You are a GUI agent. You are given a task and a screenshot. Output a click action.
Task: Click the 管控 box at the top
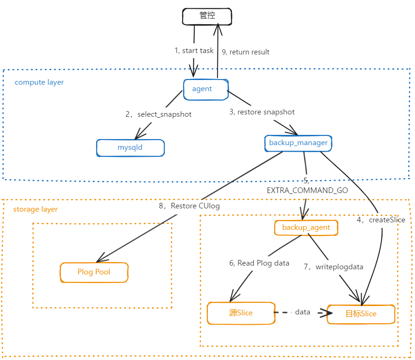pos(206,17)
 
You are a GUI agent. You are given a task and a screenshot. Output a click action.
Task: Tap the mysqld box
pos(130,147)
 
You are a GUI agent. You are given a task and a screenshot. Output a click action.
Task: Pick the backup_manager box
pos(298,143)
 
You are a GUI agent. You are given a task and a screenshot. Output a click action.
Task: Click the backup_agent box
pos(306,227)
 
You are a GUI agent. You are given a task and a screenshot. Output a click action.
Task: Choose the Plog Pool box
pos(94,272)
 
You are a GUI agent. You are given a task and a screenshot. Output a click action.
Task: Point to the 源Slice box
pos(241,313)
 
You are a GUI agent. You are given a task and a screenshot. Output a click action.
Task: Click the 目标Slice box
pos(361,314)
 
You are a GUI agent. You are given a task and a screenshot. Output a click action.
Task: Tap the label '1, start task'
pos(194,50)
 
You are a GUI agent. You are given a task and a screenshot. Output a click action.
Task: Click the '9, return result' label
pos(246,52)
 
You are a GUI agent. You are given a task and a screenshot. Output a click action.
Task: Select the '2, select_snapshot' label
pos(158,114)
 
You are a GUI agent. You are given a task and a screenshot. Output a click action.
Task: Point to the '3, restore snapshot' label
pos(262,112)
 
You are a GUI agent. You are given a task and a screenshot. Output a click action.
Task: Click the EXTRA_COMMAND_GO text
pos(307,190)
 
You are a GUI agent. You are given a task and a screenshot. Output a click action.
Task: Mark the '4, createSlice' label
pos(381,220)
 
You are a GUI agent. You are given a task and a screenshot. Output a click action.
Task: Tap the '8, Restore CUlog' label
pos(189,206)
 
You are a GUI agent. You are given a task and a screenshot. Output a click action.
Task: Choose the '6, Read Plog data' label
pos(259,263)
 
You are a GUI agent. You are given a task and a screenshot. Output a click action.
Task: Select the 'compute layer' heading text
pos(39,82)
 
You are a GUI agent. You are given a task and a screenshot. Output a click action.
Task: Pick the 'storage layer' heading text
pos(35,209)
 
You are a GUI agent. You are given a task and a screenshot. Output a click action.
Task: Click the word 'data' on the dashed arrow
pos(303,312)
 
